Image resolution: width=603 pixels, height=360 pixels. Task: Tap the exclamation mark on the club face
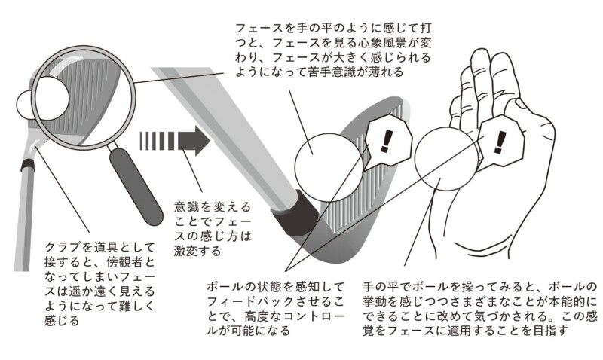tap(386, 141)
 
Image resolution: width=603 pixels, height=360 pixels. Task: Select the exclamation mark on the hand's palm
tap(500, 142)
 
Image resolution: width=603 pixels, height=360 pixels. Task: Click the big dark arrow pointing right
tap(175, 141)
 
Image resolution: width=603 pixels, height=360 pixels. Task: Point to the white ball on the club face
tap(329, 167)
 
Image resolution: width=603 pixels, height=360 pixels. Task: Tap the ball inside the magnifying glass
tap(43, 103)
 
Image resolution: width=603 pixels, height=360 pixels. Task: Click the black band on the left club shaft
tap(26, 166)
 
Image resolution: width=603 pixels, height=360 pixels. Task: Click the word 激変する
tap(197, 252)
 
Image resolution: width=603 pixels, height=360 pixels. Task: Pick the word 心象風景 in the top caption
tap(376, 43)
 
